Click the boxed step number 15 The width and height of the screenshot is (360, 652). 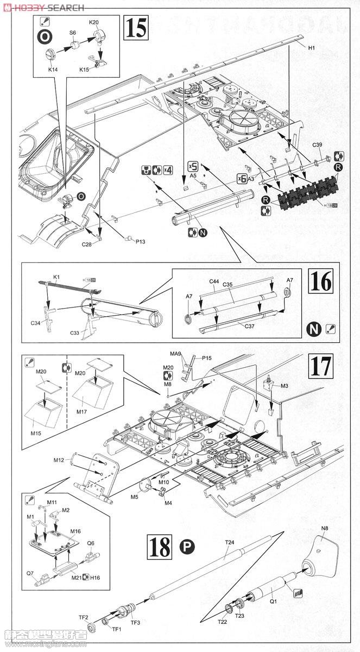click(x=136, y=27)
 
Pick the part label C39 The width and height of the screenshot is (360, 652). click(x=318, y=145)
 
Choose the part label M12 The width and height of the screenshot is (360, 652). click(x=59, y=460)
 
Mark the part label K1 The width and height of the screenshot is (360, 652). click(x=56, y=278)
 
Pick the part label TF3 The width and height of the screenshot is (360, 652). click(x=135, y=623)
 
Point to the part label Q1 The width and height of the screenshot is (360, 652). click(x=273, y=601)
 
